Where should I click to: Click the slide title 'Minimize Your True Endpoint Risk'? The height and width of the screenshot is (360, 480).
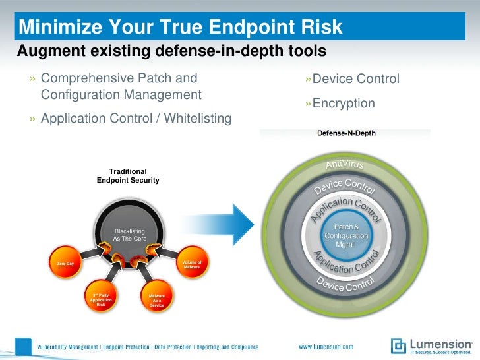click(181, 28)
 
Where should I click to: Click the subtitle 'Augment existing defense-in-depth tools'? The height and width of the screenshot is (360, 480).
click(171, 50)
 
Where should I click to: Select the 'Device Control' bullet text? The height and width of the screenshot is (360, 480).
click(355, 79)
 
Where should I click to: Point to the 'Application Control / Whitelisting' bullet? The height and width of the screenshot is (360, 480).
click(136, 119)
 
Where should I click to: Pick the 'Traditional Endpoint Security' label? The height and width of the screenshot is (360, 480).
click(128, 175)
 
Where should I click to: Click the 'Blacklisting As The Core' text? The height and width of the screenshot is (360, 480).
click(130, 235)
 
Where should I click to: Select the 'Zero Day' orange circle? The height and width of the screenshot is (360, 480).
click(65, 264)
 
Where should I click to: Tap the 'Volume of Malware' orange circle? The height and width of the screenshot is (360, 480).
click(192, 264)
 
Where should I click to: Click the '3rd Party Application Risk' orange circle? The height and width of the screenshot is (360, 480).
click(101, 299)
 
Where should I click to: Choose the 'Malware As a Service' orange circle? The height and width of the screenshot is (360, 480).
click(157, 301)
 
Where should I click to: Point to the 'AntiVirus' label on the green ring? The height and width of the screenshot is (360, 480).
click(345, 162)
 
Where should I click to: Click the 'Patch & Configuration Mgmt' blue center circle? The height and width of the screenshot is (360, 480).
click(345, 235)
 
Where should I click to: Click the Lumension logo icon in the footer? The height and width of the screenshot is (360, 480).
click(398, 345)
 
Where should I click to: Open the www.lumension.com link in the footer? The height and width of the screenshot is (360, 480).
click(326, 347)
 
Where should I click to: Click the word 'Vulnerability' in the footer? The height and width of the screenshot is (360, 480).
click(55, 347)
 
